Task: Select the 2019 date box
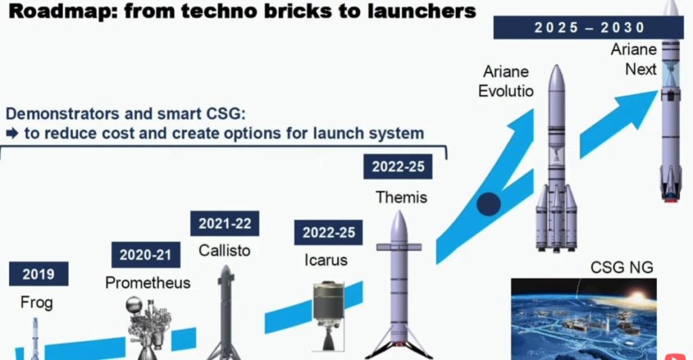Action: click(39, 274)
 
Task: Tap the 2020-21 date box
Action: click(146, 254)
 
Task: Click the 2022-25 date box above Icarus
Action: click(328, 233)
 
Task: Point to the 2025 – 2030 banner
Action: click(589, 28)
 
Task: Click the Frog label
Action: click(36, 302)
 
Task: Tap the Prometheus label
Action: click(148, 282)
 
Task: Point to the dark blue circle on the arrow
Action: click(488, 203)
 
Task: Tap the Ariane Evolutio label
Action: click(506, 81)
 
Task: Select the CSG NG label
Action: click(621, 267)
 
